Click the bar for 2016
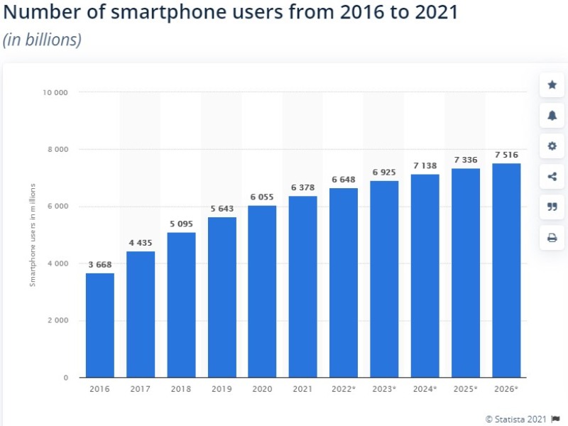(99, 325)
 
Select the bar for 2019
(222, 297)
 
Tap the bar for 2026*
(506, 270)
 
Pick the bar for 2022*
(344, 283)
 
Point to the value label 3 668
(99, 265)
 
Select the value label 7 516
(506, 155)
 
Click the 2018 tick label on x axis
(181, 389)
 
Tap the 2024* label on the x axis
(425, 389)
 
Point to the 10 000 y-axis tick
(55, 92)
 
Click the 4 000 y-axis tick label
(58, 263)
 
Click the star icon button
(552, 85)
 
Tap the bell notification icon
(552, 116)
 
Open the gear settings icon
(552, 146)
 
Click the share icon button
(552, 177)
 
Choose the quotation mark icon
(552, 207)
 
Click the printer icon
(552, 238)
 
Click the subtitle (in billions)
(43, 40)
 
